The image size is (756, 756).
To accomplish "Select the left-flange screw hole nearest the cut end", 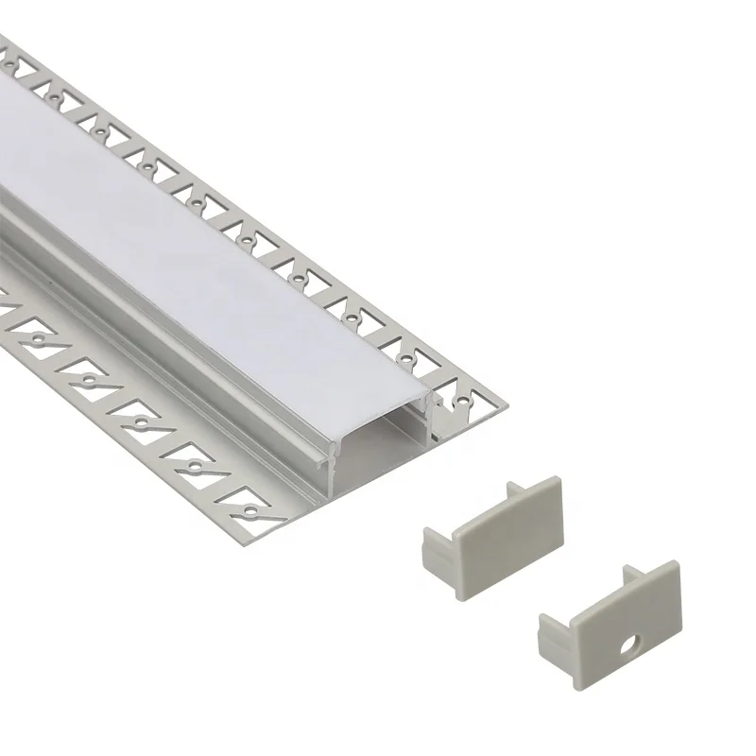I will (249, 510).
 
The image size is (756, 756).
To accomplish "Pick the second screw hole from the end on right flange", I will (408, 360).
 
